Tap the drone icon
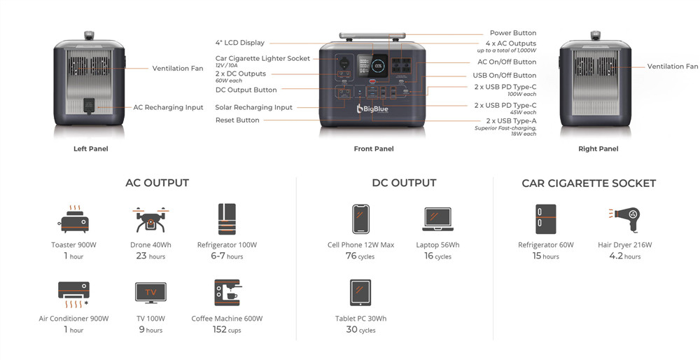(x=150, y=219)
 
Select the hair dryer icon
(x=624, y=219)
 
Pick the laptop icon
(x=437, y=219)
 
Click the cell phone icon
(x=360, y=219)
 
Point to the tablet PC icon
(x=360, y=293)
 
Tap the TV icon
(x=150, y=293)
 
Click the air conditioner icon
(x=73, y=293)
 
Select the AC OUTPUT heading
(x=157, y=183)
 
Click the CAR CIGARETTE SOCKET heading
(x=588, y=184)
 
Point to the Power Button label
(x=513, y=33)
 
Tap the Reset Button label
(x=237, y=120)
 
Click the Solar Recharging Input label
(x=253, y=108)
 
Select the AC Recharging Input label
(x=168, y=108)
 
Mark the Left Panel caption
(x=91, y=149)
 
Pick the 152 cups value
(x=227, y=330)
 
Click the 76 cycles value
(x=360, y=256)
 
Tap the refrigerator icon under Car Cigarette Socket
(x=545, y=219)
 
